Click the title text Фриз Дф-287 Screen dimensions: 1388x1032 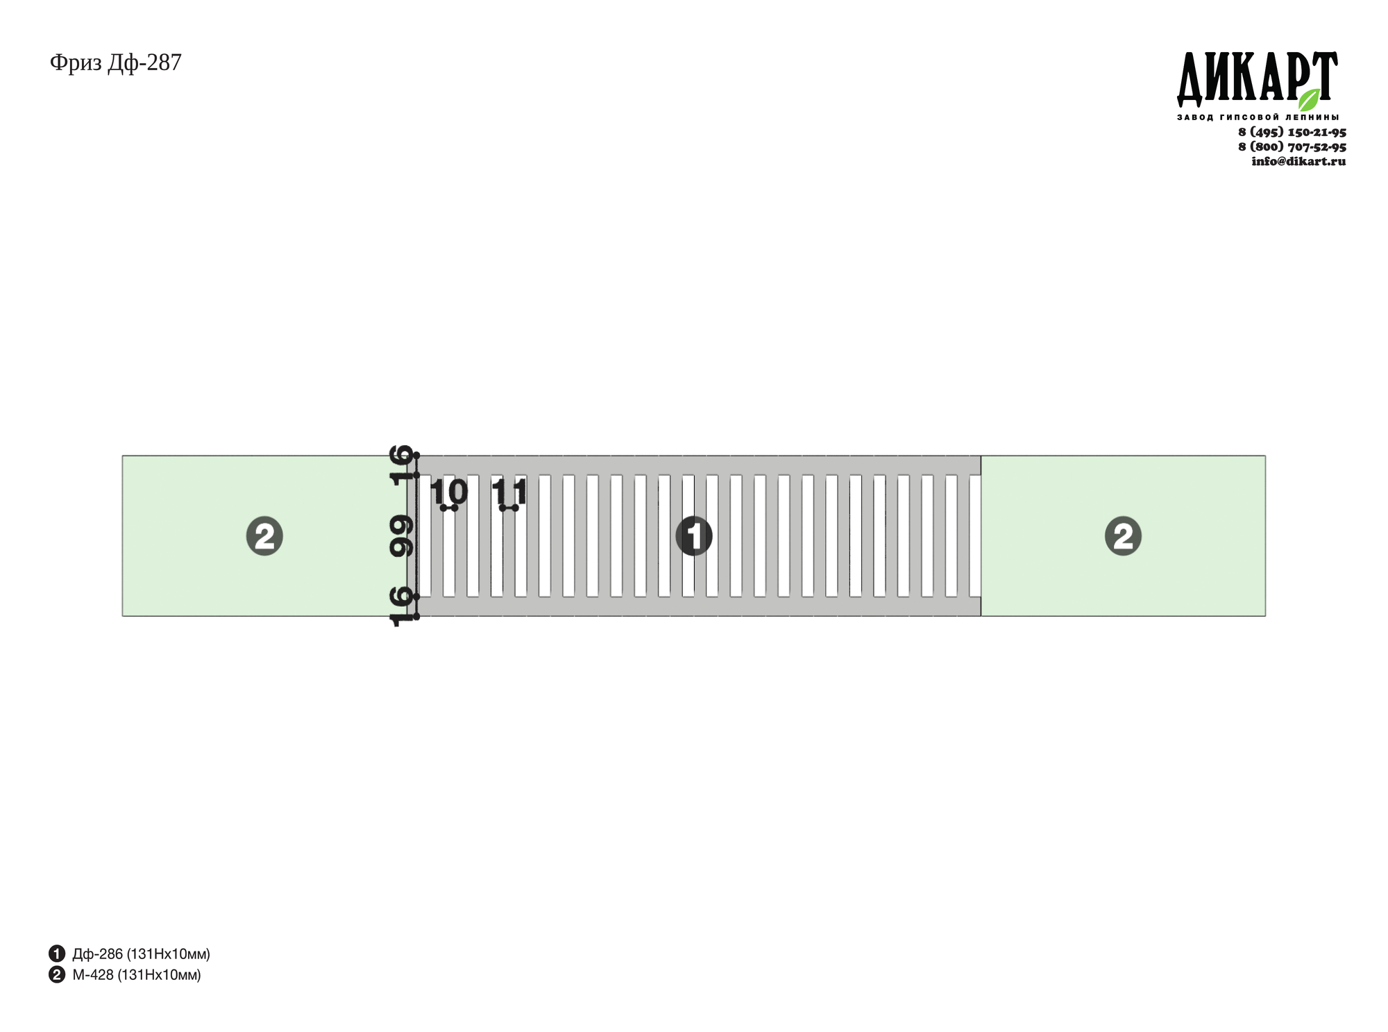pyautogui.click(x=115, y=63)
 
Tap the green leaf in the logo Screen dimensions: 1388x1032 pyautogui.click(x=1309, y=99)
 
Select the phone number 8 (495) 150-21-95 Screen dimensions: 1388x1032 pyautogui.click(x=1292, y=132)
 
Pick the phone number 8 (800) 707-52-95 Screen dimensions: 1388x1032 pyautogui.click(x=1292, y=147)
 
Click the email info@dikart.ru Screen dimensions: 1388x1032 pyautogui.click(x=1298, y=161)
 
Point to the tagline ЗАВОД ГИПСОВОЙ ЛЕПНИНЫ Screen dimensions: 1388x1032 pyautogui.click(x=1258, y=117)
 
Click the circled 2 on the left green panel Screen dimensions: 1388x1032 pyautogui.click(x=264, y=536)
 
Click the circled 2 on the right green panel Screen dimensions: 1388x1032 pyautogui.click(x=1123, y=536)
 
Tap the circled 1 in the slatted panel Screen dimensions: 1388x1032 pyautogui.click(x=694, y=536)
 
